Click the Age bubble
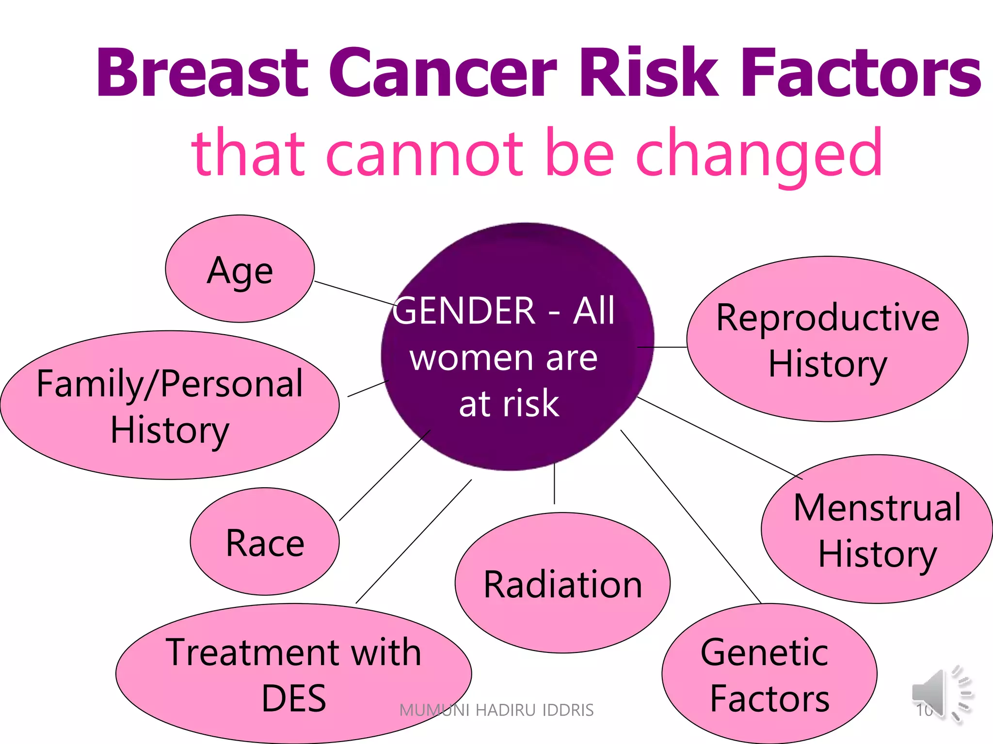pyautogui.click(x=240, y=269)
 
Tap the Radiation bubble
pyautogui.click(x=562, y=583)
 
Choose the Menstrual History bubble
pyautogui.click(x=877, y=529)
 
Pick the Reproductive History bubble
pyautogui.click(x=827, y=339)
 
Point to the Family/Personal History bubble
pyautogui.click(x=170, y=405)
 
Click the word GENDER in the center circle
pyautogui.click(x=464, y=310)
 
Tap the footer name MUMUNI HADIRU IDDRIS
pyautogui.click(x=496, y=710)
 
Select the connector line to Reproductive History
pyautogui.click(x=662, y=347)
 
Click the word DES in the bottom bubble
pyautogui.click(x=294, y=698)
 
